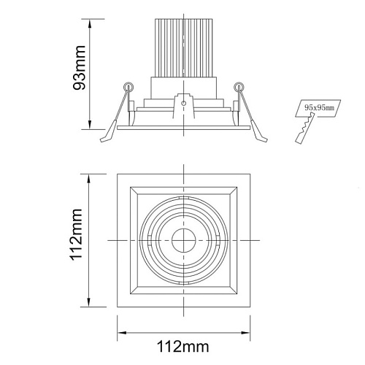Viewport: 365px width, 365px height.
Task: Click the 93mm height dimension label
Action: [80, 67]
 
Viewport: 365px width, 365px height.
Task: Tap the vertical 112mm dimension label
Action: [77, 234]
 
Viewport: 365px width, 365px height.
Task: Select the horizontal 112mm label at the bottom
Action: [183, 346]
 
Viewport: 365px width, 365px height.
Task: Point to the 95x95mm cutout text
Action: [319, 107]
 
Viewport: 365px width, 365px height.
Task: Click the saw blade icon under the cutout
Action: [305, 128]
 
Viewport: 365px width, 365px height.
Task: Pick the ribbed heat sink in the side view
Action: [184, 47]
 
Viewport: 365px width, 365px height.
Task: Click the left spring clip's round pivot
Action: [128, 87]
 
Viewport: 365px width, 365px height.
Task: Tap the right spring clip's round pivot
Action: [239, 87]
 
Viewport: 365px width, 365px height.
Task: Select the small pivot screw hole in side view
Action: [184, 103]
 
